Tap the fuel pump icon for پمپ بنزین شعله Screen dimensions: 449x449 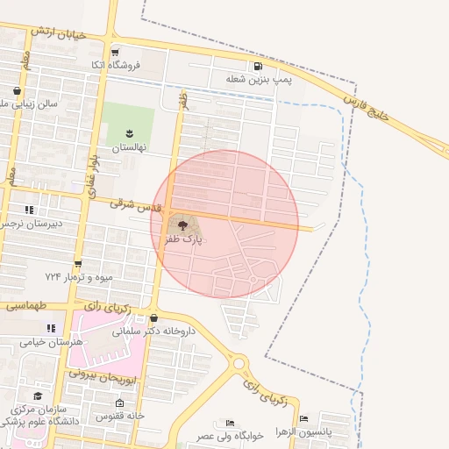257,66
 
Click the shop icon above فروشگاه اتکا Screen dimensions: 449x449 115,52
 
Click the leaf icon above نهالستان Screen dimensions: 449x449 129,133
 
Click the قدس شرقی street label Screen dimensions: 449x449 135,207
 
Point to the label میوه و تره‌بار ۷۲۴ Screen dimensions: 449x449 79,277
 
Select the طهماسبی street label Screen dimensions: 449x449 25,307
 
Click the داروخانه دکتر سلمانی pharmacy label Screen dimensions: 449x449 185,332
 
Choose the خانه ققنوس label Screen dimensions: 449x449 123,415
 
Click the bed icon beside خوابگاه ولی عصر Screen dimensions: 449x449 230,423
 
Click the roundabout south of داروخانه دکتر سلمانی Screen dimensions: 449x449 239,362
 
